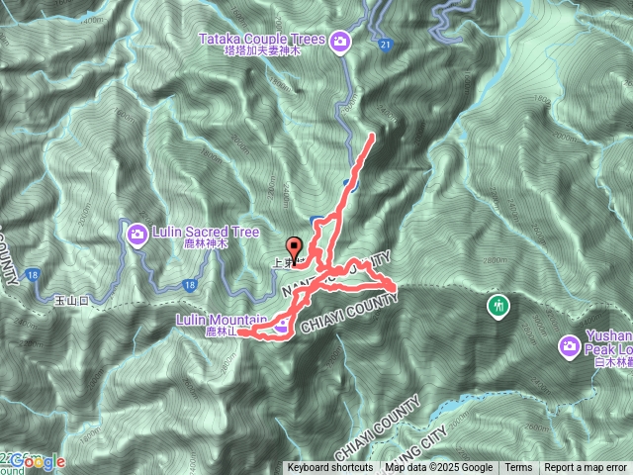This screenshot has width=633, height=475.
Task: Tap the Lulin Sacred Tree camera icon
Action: coord(136,234)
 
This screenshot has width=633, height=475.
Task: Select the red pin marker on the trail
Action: coord(293,247)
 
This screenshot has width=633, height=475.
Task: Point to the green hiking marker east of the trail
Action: coord(497,305)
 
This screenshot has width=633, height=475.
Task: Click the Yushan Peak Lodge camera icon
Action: coord(569,346)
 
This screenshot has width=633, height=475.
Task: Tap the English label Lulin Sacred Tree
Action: coord(206,233)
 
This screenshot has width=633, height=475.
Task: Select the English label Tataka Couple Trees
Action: coord(262,40)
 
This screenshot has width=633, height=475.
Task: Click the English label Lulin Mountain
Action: coord(222,320)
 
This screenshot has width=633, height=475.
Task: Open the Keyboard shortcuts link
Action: coord(330,468)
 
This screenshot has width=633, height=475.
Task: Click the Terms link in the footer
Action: coord(518,468)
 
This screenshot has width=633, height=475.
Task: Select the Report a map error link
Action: coord(586,468)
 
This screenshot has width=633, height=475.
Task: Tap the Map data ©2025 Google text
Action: coord(439,468)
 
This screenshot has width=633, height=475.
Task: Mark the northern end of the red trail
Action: coord(372,135)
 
